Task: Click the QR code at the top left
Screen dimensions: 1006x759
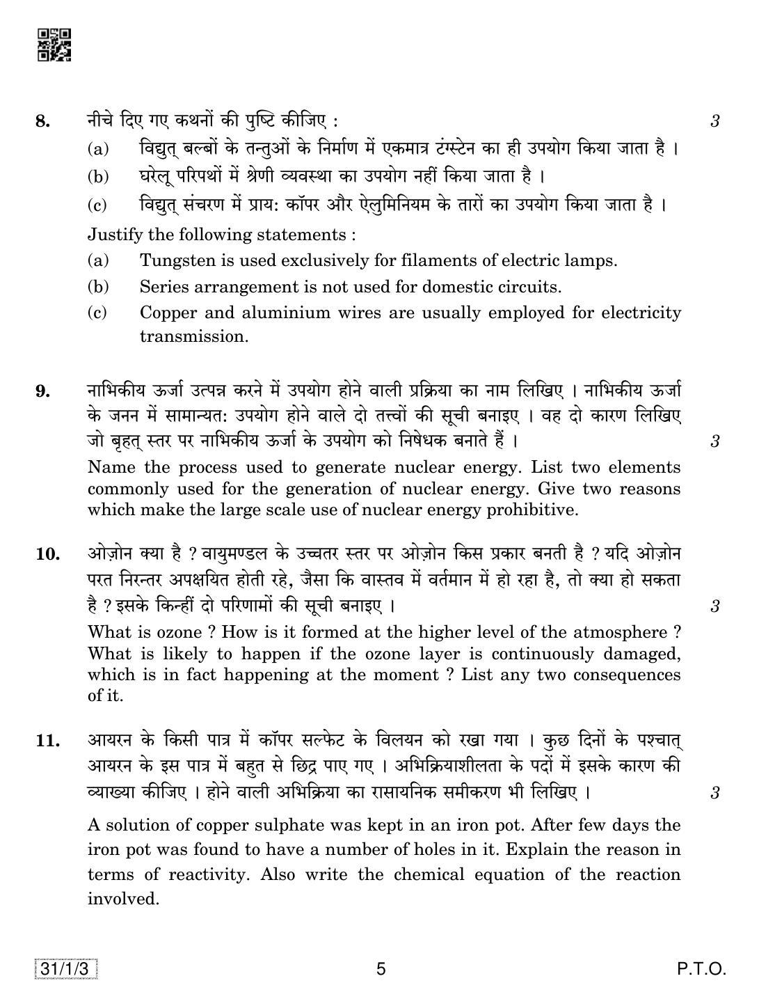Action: (x=54, y=45)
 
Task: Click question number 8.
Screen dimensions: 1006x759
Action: (x=42, y=122)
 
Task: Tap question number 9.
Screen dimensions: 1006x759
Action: (x=42, y=391)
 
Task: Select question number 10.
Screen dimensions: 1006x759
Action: (x=46, y=555)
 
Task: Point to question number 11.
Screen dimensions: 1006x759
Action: (x=46, y=741)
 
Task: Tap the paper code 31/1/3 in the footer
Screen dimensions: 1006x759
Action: (x=65, y=968)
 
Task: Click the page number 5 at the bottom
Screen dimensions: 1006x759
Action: (x=380, y=968)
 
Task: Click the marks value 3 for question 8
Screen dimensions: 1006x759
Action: (x=714, y=122)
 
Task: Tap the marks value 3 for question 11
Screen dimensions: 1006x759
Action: (x=714, y=793)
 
